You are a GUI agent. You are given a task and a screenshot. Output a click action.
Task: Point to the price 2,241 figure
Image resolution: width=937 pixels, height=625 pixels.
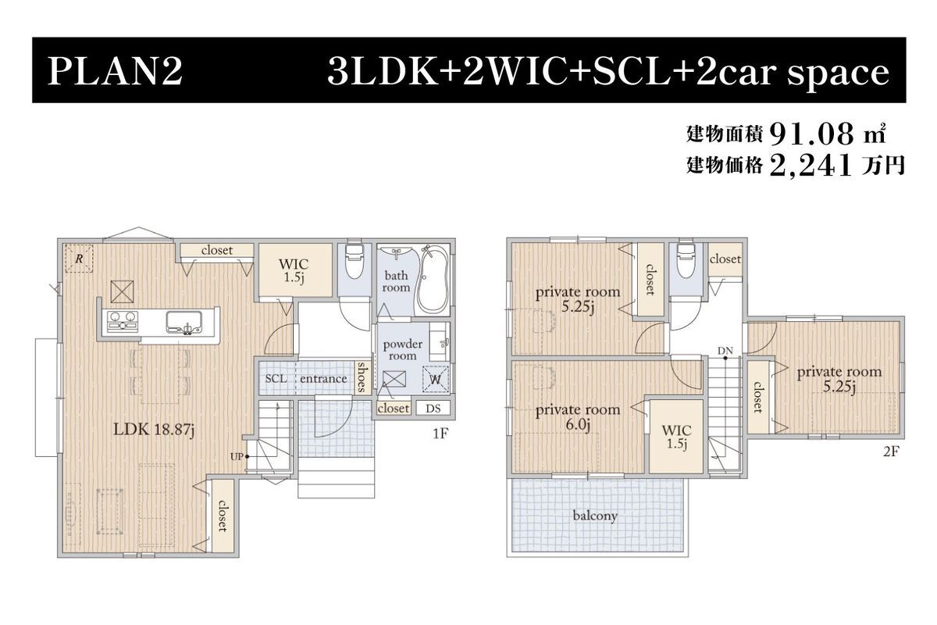pyautogui.click(x=811, y=166)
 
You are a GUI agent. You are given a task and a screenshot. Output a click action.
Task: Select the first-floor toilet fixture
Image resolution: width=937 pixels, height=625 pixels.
pyautogui.click(x=354, y=261)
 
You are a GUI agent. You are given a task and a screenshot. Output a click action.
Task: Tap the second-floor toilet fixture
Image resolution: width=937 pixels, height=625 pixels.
pyautogui.click(x=686, y=260)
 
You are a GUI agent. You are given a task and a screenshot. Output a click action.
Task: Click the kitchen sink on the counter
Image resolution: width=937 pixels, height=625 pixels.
pyautogui.click(x=184, y=323)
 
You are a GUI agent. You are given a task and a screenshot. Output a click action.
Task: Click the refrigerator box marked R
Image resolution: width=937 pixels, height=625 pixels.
pyautogui.click(x=79, y=259)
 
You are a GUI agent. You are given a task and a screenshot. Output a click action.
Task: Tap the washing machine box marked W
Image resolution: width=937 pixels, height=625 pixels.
pyautogui.click(x=436, y=379)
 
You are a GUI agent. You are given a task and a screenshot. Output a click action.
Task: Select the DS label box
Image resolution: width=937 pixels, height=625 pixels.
pyautogui.click(x=433, y=408)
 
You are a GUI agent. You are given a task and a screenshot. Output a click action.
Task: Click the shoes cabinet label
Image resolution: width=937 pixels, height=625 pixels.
pyautogui.click(x=361, y=377)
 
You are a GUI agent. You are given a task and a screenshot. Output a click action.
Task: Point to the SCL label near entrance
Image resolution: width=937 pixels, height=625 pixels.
pyautogui.click(x=276, y=378)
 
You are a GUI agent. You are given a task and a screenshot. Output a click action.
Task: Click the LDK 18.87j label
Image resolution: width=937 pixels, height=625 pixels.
pyautogui.click(x=154, y=429)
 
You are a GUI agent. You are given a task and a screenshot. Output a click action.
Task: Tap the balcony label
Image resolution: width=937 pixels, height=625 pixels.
pyautogui.click(x=595, y=516)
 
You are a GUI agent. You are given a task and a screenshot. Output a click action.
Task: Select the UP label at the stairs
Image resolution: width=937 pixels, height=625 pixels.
pyautogui.click(x=237, y=457)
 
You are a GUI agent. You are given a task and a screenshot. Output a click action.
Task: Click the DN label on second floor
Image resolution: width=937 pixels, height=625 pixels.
pyautogui.click(x=725, y=351)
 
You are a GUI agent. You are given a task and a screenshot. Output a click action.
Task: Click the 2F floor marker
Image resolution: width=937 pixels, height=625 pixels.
pyautogui.click(x=891, y=451)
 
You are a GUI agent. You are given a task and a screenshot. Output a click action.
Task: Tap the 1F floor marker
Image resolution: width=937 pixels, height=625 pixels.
pyautogui.click(x=440, y=434)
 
